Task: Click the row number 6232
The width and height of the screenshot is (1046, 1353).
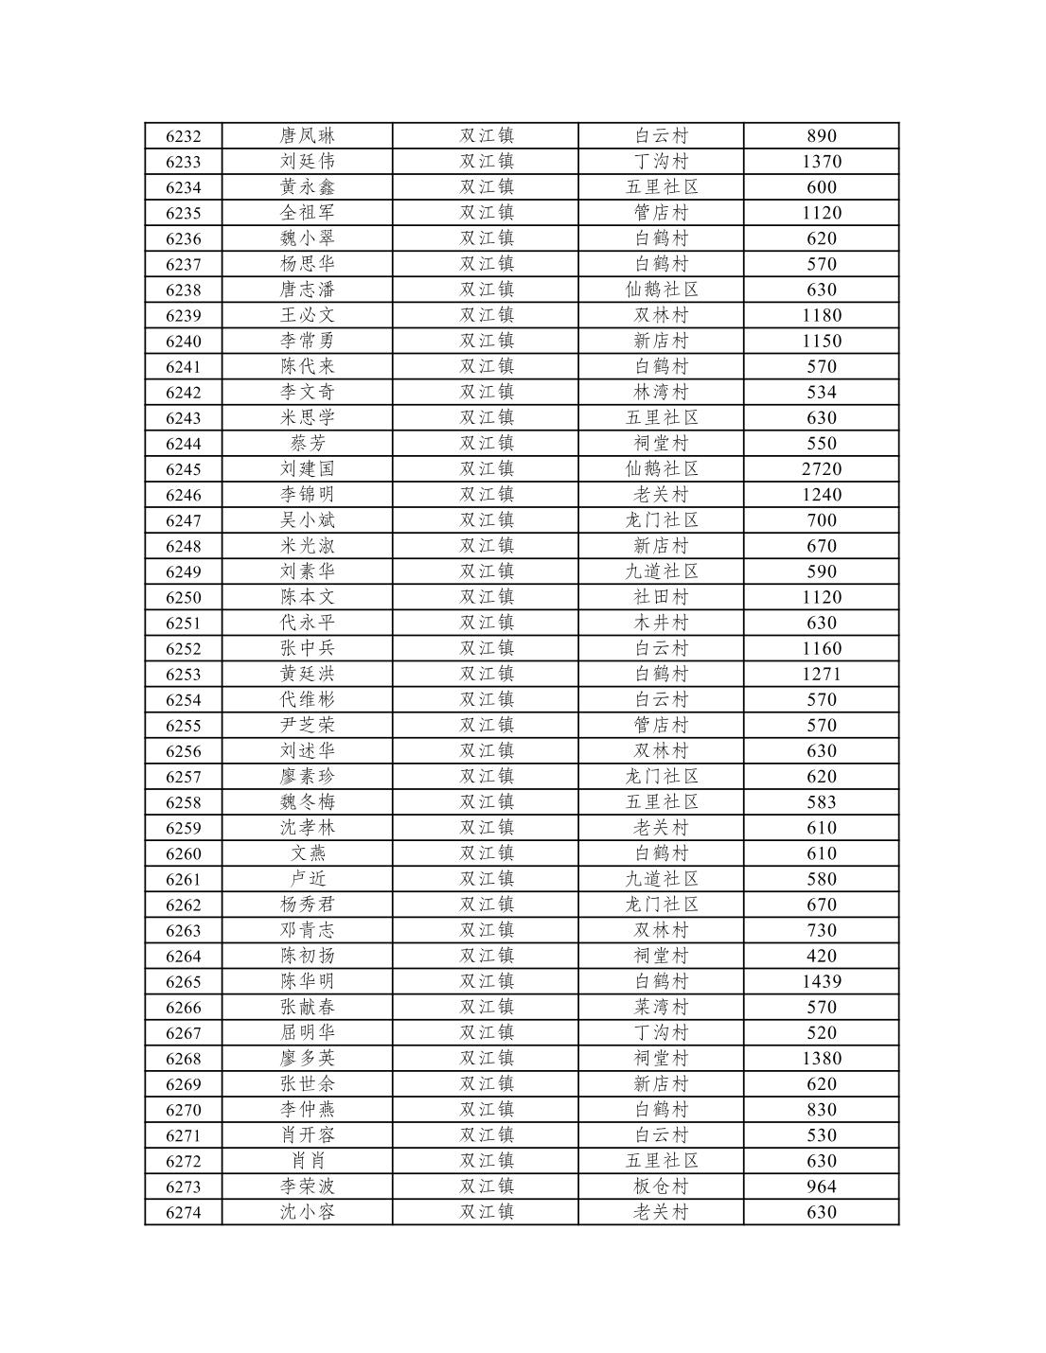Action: coord(183,136)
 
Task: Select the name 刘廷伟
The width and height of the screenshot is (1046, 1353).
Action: coord(307,162)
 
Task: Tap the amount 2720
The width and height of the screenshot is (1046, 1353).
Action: coord(821,469)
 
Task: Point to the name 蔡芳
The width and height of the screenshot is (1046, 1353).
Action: coord(307,444)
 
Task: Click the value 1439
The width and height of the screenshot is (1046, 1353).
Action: coord(821,982)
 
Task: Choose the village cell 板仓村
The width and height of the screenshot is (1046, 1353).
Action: coord(661,1187)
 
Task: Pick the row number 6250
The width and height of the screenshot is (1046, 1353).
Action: coord(183,598)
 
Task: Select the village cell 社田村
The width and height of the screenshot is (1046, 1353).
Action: coord(661,598)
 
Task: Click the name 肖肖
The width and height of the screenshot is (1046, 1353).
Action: coord(307,1162)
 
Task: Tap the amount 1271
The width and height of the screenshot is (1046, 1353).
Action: coord(821,675)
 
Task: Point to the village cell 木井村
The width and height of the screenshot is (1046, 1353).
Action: coord(661,624)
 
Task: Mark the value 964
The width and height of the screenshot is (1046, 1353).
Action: coord(821,1187)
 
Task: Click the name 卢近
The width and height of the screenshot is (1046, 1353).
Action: coord(307,880)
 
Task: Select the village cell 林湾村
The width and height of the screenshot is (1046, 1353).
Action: coord(661,393)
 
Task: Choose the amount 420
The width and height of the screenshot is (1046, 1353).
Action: coord(821,957)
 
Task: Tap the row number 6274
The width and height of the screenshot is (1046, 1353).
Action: coord(183,1213)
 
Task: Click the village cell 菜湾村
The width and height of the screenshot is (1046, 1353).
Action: coord(661,1008)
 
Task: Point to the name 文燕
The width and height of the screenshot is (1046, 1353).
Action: coord(307,854)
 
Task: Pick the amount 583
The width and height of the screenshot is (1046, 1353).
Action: coord(821,803)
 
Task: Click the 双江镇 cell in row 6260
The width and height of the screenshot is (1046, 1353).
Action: coord(486,854)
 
